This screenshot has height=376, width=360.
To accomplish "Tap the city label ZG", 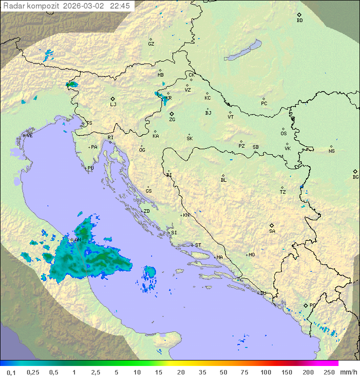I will (172, 120).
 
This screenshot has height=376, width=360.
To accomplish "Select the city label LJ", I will (113, 104).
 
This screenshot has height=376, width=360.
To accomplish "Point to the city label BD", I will (299, 21).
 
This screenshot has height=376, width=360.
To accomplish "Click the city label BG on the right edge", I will (355, 177).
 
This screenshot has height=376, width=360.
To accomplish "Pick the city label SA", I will (272, 231).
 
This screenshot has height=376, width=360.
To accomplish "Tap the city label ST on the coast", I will (198, 245).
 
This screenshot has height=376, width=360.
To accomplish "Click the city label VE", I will (29, 135).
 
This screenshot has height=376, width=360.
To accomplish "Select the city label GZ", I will (151, 44).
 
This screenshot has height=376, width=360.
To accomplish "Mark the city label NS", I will (331, 151).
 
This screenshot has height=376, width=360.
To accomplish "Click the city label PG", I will (312, 305).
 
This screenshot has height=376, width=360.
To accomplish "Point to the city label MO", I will (251, 254).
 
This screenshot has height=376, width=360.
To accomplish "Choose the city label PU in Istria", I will (90, 168).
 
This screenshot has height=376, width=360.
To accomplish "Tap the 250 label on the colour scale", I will (329, 372).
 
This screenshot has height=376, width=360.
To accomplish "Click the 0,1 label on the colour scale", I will (11, 372).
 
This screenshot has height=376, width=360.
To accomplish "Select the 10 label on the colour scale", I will (136, 372).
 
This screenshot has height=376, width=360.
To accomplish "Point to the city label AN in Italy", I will (77, 239).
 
